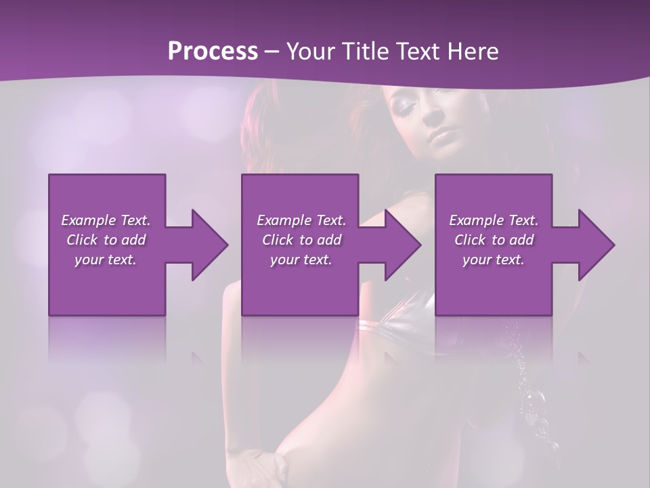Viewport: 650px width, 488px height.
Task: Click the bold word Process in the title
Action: (x=213, y=52)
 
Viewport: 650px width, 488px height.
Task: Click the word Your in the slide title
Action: (x=311, y=52)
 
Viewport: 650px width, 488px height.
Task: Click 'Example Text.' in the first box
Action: (x=106, y=220)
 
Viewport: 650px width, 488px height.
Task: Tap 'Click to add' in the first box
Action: (x=106, y=240)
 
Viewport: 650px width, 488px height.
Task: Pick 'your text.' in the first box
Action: (x=106, y=260)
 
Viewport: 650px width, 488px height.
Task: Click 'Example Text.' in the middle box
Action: (x=301, y=220)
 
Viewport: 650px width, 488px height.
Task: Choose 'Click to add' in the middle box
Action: (x=301, y=240)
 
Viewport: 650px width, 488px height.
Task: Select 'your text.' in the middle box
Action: (x=301, y=260)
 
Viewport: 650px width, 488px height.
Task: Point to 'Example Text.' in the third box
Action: (x=494, y=220)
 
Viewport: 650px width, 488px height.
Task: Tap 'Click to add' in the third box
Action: (x=494, y=240)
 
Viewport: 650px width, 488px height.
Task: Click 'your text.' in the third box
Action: (x=494, y=260)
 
